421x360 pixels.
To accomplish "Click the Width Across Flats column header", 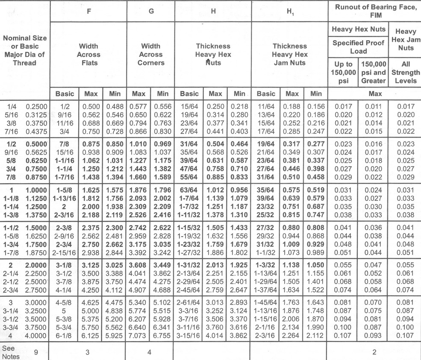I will [x=88, y=54].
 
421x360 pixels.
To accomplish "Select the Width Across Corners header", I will [x=151, y=54].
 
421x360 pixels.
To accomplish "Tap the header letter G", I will [x=151, y=12].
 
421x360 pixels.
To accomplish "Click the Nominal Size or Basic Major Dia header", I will [x=25, y=50].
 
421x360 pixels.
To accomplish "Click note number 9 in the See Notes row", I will [x=36, y=352].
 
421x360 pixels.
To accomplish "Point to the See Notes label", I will [x=11, y=352].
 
